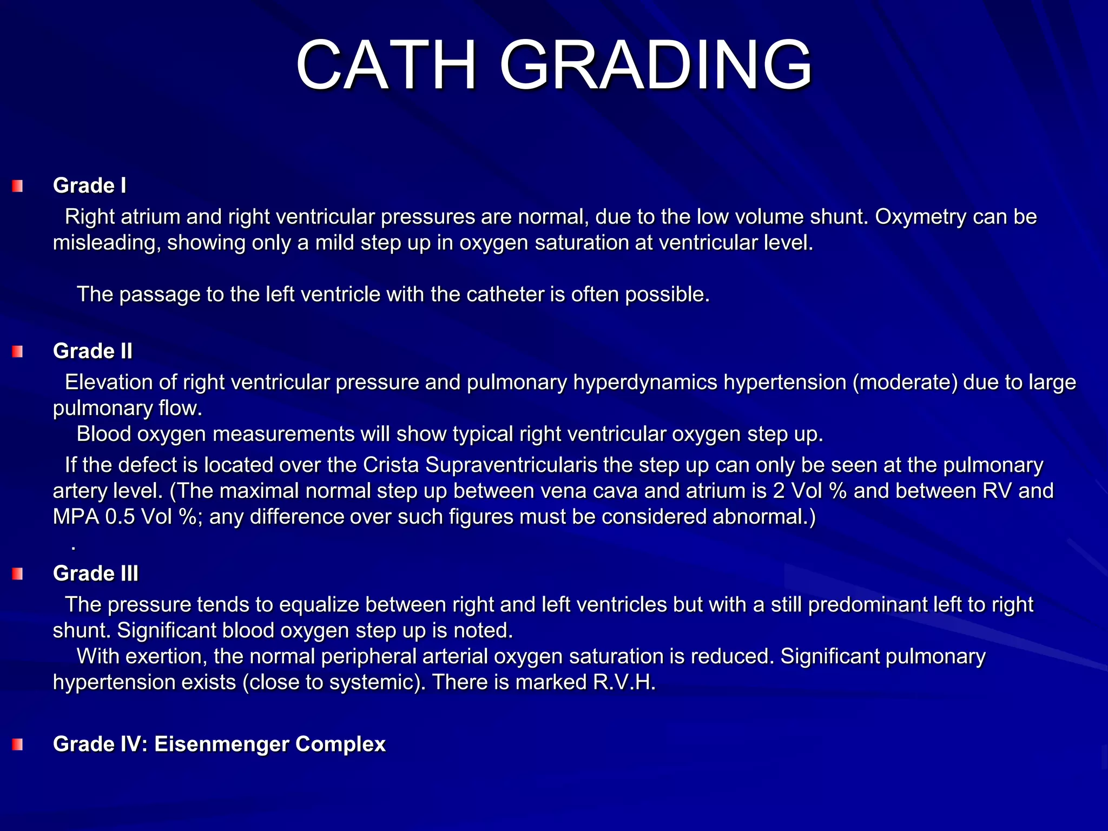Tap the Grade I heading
pyautogui.click(x=89, y=186)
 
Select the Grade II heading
pyautogui.click(x=93, y=351)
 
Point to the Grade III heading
pyautogui.click(x=96, y=573)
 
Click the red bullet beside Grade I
pyautogui.click(x=18, y=187)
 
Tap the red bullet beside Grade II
pyautogui.click(x=18, y=352)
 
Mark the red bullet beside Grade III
pyautogui.click(x=18, y=574)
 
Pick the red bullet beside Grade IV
pyautogui.click(x=18, y=745)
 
